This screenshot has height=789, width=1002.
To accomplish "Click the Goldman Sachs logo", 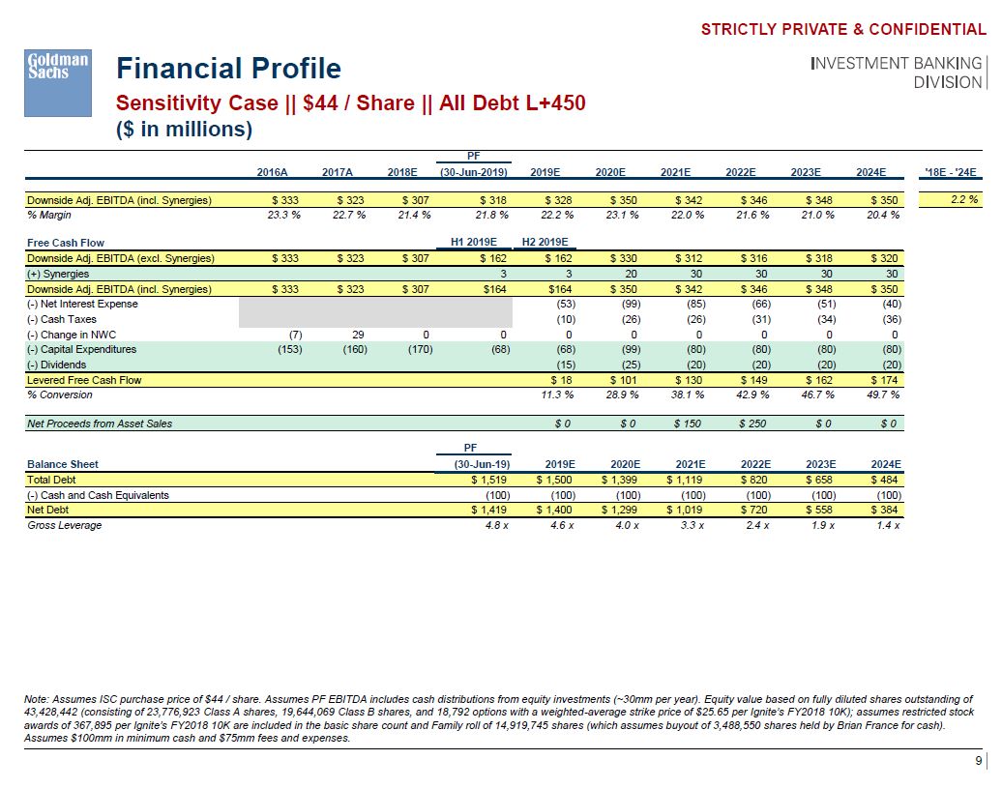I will pyautogui.click(x=56, y=71).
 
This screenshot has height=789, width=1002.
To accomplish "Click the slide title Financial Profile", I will pyautogui.click(x=228, y=69).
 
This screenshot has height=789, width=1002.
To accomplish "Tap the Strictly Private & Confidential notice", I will pyautogui.click(x=843, y=29).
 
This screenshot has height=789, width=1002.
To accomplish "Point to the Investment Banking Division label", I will pyautogui.click(x=897, y=73).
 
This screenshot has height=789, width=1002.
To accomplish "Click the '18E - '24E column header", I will pyautogui.click(x=953, y=172).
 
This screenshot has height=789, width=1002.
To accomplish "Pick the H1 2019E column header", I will pyautogui.click(x=474, y=243).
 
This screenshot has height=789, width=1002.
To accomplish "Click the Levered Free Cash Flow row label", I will pyautogui.click(x=84, y=380).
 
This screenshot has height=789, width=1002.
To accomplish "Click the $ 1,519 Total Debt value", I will pyautogui.click(x=489, y=480).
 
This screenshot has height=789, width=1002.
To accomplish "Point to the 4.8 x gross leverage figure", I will pyautogui.click(x=496, y=525).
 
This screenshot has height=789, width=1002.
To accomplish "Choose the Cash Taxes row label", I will pyautogui.click(x=62, y=319).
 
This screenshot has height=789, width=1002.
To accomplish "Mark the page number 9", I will pyautogui.click(x=977, y=759).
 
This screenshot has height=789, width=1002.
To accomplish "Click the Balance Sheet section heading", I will pyautogui.click(x=63, y=464).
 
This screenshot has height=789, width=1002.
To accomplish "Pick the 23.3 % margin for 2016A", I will pyautogui.click(x=283, y=215).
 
